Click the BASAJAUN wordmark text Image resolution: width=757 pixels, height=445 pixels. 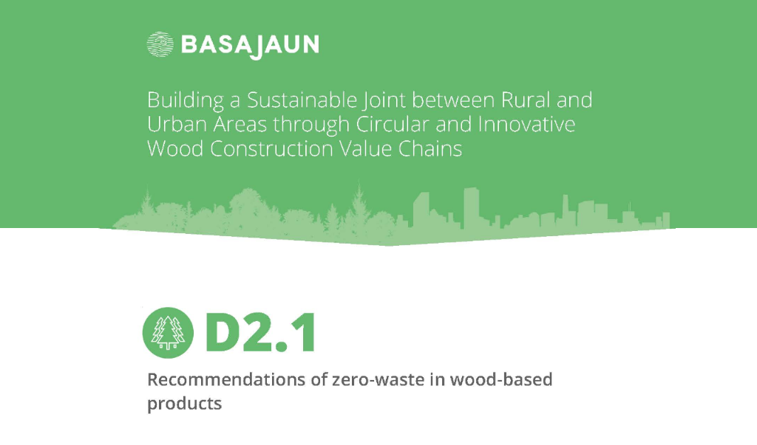tap(250, 46)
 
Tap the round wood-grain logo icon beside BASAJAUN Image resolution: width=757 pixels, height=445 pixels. tap(160, 45)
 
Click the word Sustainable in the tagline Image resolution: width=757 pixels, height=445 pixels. tap(302, 100)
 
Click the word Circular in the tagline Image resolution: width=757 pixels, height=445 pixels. tap(393, 125)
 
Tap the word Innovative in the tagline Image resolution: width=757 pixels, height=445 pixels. tap(526, 125)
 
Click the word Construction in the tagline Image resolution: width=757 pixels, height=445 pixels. tap(271, 148)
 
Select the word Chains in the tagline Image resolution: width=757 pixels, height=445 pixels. tap(430, 148)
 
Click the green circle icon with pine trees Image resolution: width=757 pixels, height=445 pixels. tap(168, 333)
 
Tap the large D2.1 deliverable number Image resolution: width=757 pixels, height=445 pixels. tap(261, 333)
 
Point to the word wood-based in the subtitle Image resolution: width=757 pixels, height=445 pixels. tap(501, 379)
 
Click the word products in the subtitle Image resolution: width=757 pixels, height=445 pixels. tap(184, 404)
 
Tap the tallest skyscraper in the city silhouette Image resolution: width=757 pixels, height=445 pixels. tap(471, 207)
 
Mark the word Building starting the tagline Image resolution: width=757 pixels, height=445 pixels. tap(186, 101)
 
